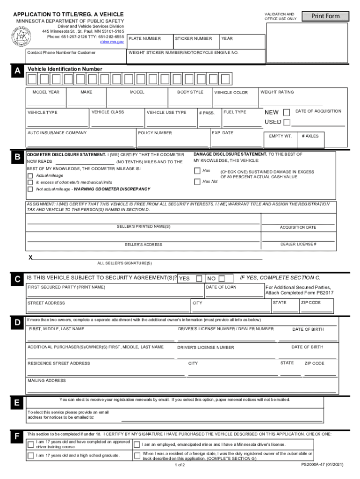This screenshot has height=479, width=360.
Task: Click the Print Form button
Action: tap(326, 16)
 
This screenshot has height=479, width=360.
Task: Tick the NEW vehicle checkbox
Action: tap(287, 112)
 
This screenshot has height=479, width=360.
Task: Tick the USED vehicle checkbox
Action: tap(287, 122)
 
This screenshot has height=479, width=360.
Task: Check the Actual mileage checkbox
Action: tap(30, 175)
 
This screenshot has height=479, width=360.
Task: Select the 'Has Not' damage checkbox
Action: tap(197, 181)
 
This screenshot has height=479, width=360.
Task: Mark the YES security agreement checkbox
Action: tap(199, 278)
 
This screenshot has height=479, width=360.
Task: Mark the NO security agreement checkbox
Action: tap(222, 278)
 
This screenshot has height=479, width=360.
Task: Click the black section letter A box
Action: tap(17, 71)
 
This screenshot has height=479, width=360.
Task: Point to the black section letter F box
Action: tap(17, 437)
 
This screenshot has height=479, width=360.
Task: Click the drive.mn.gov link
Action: tap(112, 42)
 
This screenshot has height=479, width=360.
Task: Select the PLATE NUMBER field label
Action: tap(145, 39)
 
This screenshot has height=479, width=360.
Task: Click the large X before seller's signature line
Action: tap(31, 257)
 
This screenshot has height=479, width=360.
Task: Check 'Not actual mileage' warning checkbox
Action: tap(30, 189)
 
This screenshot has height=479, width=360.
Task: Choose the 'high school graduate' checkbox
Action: tap(31, 455)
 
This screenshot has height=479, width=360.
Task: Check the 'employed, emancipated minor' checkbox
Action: tap(137, 444)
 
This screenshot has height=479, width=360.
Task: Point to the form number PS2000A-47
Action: tap(323, 465)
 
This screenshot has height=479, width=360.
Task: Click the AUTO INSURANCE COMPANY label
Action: tap(57, 133)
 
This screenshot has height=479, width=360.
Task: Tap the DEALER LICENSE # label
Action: tap(298, 244)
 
